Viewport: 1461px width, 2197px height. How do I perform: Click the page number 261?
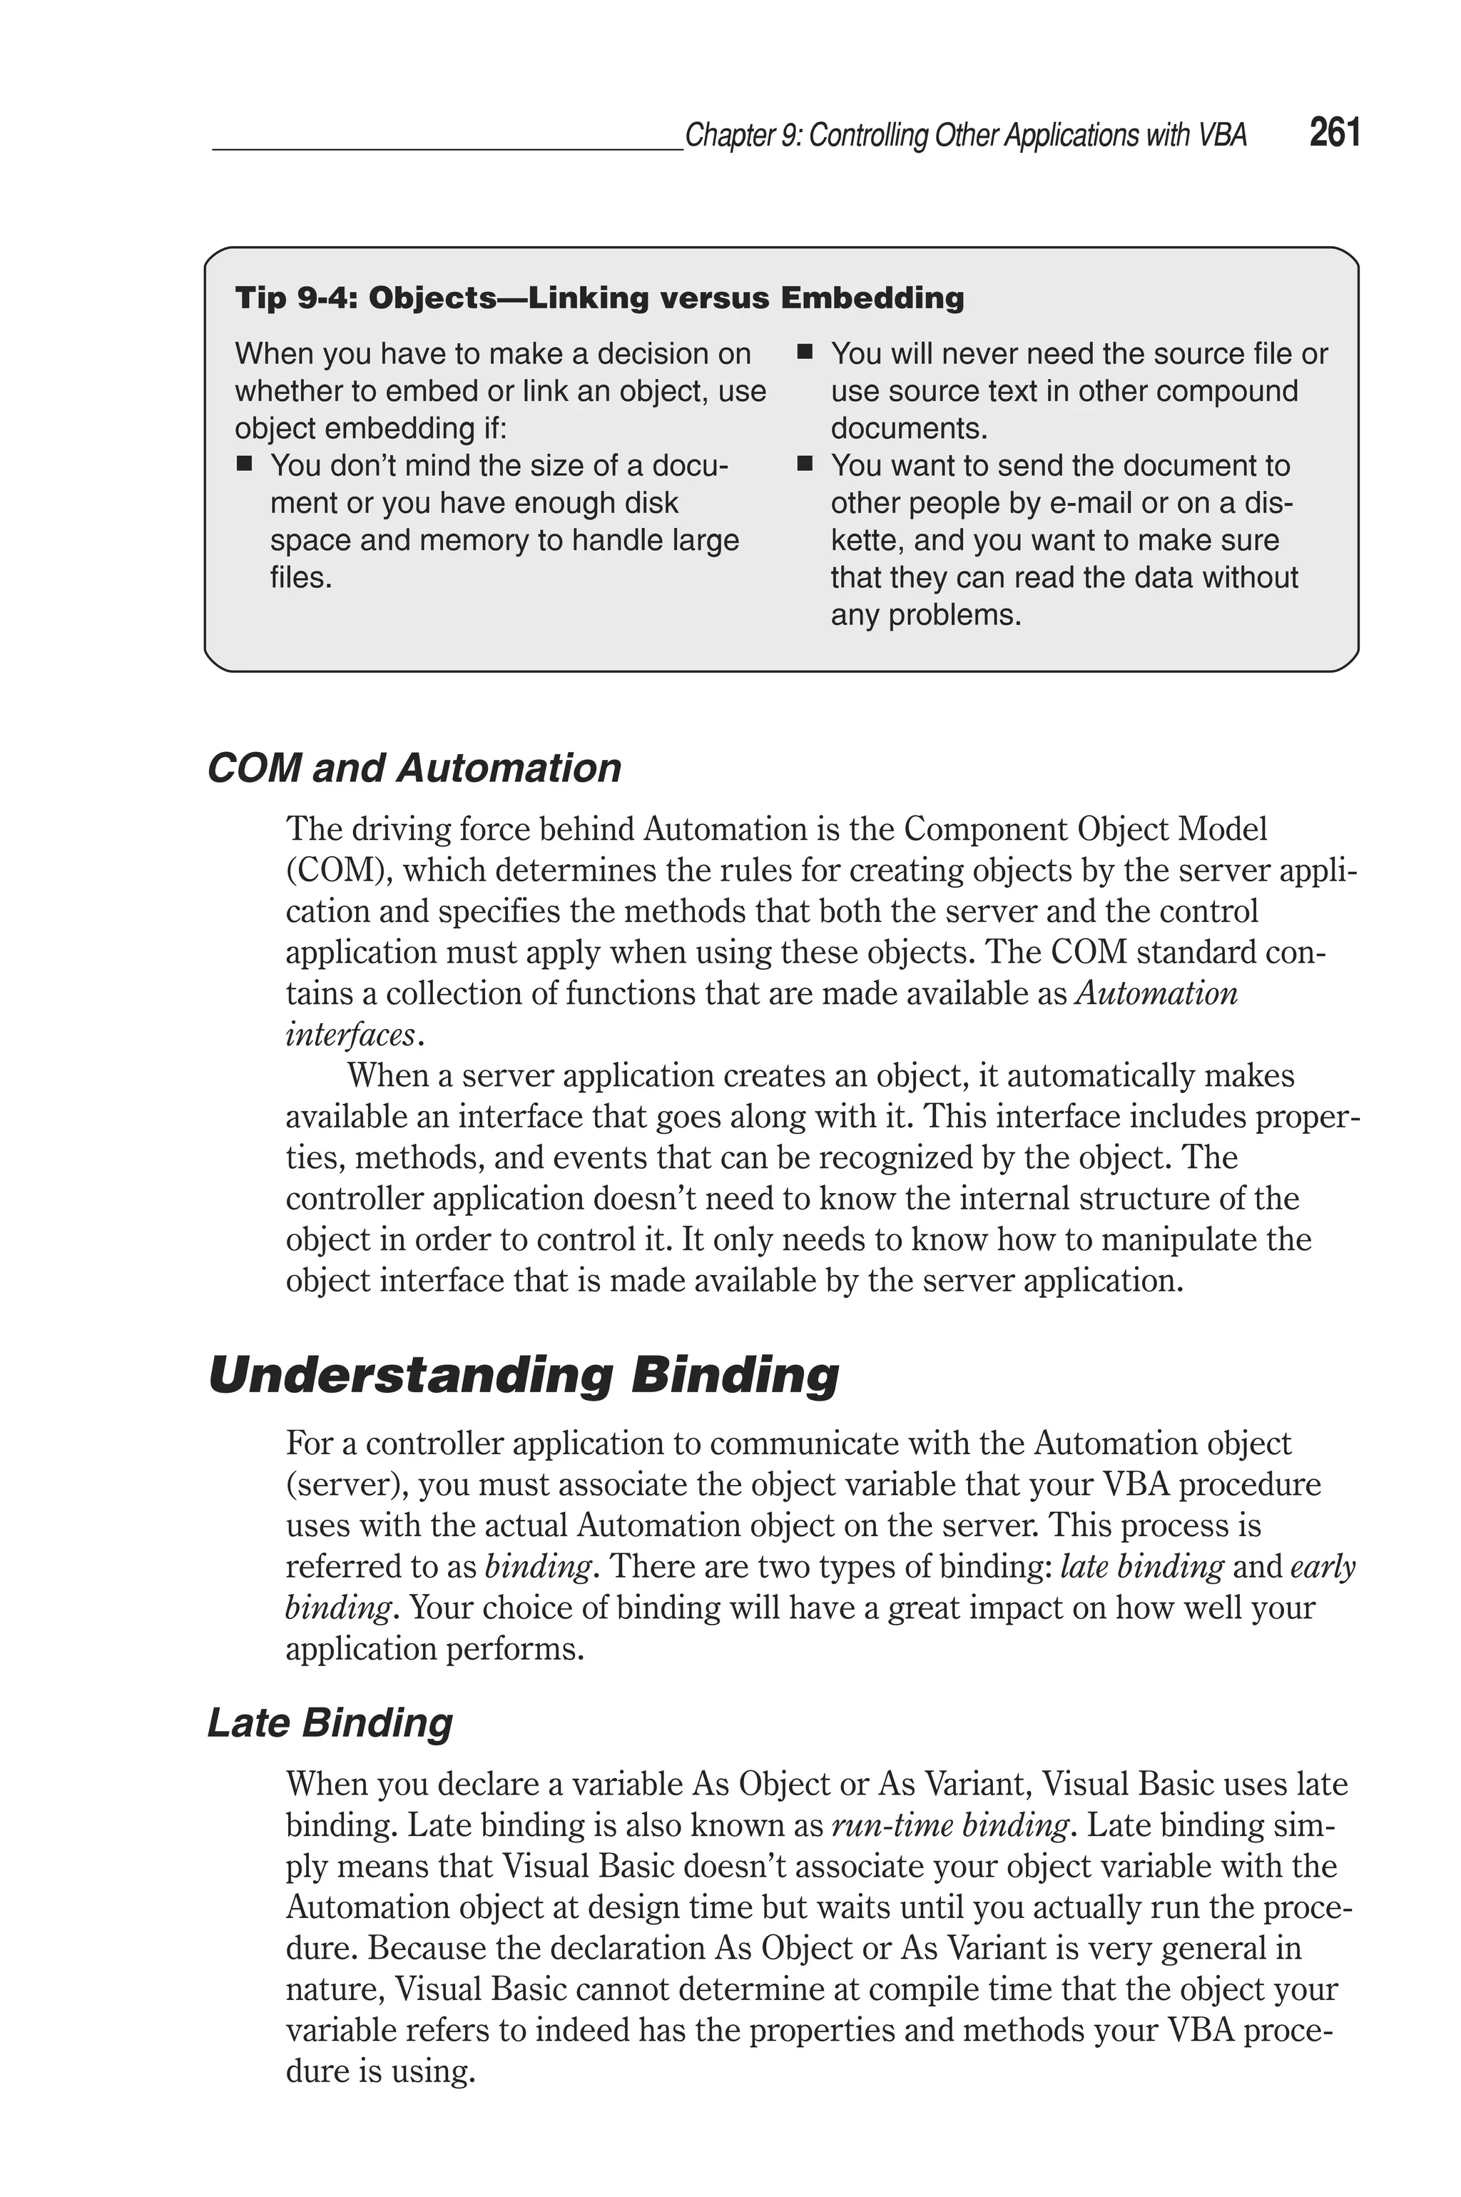point(1333,133)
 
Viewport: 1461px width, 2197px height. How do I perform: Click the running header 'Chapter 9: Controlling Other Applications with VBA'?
point(965,136)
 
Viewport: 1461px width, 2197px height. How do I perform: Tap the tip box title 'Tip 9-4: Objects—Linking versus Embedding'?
point(599,298)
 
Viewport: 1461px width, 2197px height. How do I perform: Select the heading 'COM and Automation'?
point(414,768)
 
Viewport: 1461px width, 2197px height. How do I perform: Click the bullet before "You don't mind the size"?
point(245,464)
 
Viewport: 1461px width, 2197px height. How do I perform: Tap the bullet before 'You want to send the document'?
point(806,464)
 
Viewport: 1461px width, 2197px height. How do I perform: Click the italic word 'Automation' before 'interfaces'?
point(1156,993)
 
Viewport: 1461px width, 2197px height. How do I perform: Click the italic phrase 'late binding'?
point(1141,1566)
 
